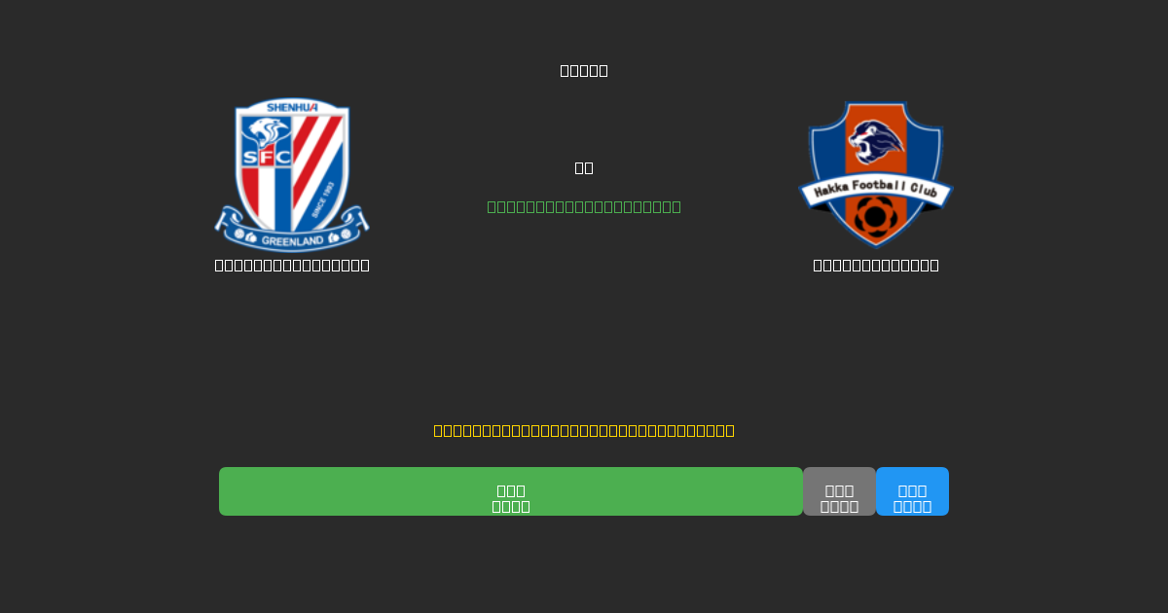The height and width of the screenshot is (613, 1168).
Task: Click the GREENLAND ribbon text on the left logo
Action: coord(292,240)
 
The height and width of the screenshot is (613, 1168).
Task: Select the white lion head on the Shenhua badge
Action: coord(268,131)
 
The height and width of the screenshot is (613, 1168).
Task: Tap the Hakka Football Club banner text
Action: coord(875,192)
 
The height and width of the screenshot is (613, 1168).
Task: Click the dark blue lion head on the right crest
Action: coord(875,142)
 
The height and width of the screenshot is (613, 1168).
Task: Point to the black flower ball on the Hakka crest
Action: coord(875,217)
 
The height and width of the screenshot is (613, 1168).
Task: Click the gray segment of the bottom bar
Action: coord(839,491)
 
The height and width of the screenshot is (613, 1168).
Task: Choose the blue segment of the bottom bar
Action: coord(912,491)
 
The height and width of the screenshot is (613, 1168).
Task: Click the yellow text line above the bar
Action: coord(584,430)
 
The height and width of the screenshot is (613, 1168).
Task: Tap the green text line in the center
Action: coord(584,206)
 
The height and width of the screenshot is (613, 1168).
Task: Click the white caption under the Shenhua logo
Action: coord(292,265)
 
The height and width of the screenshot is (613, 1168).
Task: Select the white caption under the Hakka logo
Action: coord(876,265)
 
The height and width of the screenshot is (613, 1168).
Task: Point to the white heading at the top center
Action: coord(584,70)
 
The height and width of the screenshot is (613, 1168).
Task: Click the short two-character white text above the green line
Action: coord(584,167)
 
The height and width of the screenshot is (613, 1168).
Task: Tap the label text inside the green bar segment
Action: coord(511,498)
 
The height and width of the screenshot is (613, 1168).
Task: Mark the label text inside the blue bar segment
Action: coord(912,499)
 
